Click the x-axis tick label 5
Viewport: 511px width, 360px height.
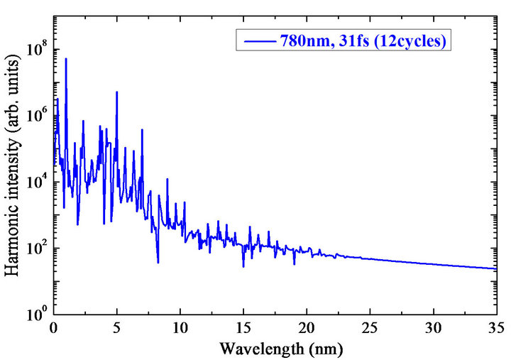(117, 329)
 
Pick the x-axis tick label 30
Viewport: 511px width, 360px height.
(432, 329)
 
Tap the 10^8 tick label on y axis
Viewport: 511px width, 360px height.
(36, 50)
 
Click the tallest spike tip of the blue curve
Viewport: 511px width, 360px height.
(66, 59)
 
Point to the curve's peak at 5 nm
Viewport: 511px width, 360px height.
(116, 92)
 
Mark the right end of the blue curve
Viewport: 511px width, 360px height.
(495, 268)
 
